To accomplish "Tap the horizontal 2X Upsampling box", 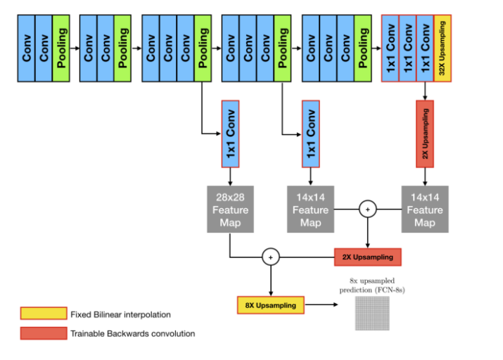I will click(367, 257).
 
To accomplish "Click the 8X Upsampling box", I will click(271, 305).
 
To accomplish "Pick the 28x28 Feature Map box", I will click(231, 210).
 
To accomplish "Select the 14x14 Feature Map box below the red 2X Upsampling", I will click(425, 210).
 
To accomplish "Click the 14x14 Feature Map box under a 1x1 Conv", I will click(310, 210).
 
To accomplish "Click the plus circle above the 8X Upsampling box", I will click(271, 257).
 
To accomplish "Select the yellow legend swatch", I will click(42, 314).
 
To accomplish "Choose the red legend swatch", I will click(42, 333).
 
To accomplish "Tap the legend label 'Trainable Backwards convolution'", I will click(132, 333).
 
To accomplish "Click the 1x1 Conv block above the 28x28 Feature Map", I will click(231, 134).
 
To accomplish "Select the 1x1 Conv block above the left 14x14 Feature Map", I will click(310, 134).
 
